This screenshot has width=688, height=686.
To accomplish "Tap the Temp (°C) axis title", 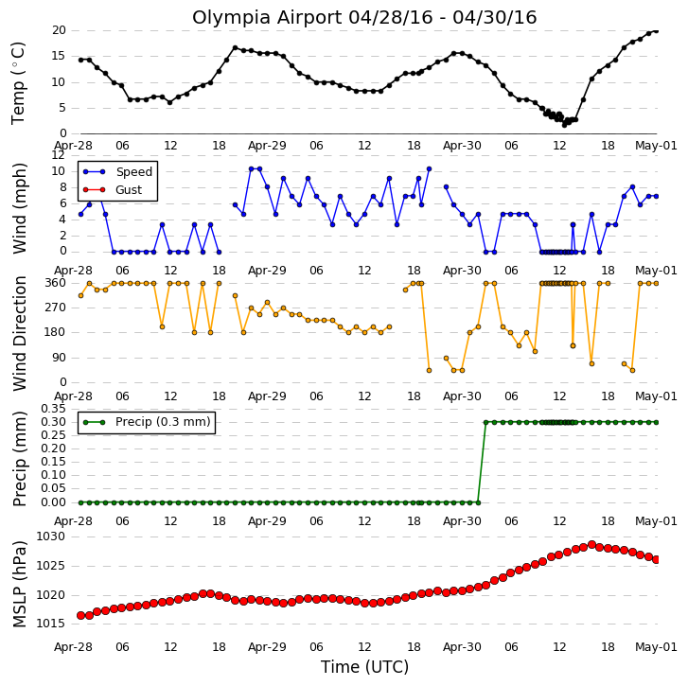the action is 18,83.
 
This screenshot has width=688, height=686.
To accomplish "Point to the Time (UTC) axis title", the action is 364,667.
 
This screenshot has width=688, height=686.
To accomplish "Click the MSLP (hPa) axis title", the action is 19,584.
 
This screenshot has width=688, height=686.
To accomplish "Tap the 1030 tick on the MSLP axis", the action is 50,536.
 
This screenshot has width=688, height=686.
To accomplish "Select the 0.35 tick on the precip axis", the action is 53,409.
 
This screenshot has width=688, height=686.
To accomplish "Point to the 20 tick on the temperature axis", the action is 59,30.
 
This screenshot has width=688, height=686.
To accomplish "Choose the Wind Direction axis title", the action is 19,333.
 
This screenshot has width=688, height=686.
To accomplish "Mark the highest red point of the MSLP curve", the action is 591,545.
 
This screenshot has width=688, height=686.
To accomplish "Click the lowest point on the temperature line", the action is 564,125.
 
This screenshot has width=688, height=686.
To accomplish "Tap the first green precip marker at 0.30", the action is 485,422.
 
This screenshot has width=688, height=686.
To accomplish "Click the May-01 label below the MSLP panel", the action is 656,647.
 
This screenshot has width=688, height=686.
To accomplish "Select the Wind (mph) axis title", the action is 19,208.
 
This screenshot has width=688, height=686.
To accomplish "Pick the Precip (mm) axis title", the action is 19,459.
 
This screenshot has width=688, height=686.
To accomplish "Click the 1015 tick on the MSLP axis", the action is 50,624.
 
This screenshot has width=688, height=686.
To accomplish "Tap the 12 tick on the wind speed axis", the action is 59,155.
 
